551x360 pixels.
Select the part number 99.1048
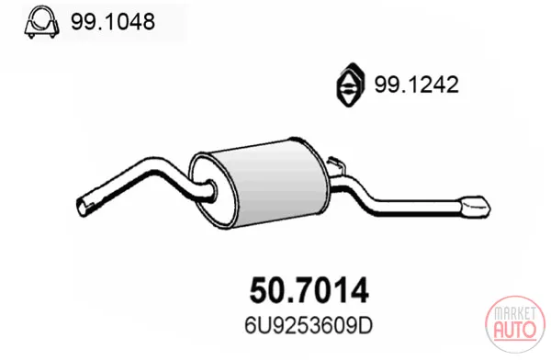113,21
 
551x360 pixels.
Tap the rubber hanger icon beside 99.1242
351,84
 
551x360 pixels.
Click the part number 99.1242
416,84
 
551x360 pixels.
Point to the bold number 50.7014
309,290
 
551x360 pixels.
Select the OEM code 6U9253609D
309,326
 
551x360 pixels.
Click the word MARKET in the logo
515,313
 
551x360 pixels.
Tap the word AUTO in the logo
515,330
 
